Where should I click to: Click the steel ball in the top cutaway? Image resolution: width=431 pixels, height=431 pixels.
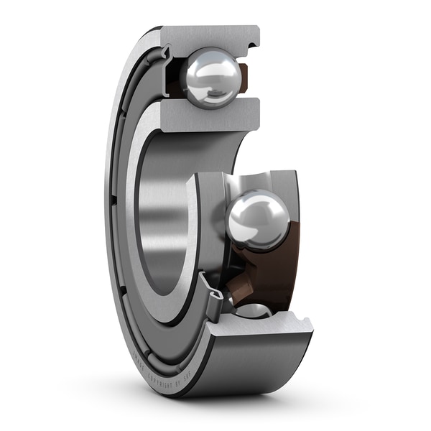coord(211,76)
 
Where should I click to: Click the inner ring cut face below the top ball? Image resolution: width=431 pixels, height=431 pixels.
coord(208,115)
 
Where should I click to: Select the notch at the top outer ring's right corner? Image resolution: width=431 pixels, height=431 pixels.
coord(251,45)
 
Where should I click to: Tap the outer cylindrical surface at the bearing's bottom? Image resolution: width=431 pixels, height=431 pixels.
coord(244,366)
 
